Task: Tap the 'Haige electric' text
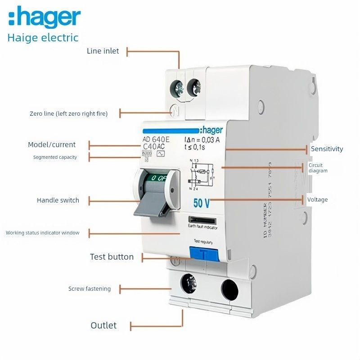coord(43,37)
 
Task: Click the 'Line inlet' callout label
coord(103,51)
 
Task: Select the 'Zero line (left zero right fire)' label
coord(68,114)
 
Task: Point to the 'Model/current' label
coord(52,145)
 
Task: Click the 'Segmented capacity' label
coord(55,157)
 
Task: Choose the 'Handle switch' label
coord(58,200)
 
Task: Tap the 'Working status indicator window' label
coord(42,233)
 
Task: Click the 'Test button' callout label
coord(112,257)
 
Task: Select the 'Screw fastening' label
coord(89,289)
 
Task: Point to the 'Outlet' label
coord(103,325)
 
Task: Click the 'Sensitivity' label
coord(327,149)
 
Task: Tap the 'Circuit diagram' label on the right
coord(318,168)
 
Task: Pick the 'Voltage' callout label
coord(318,199)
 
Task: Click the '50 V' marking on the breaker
coord(201,203)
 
